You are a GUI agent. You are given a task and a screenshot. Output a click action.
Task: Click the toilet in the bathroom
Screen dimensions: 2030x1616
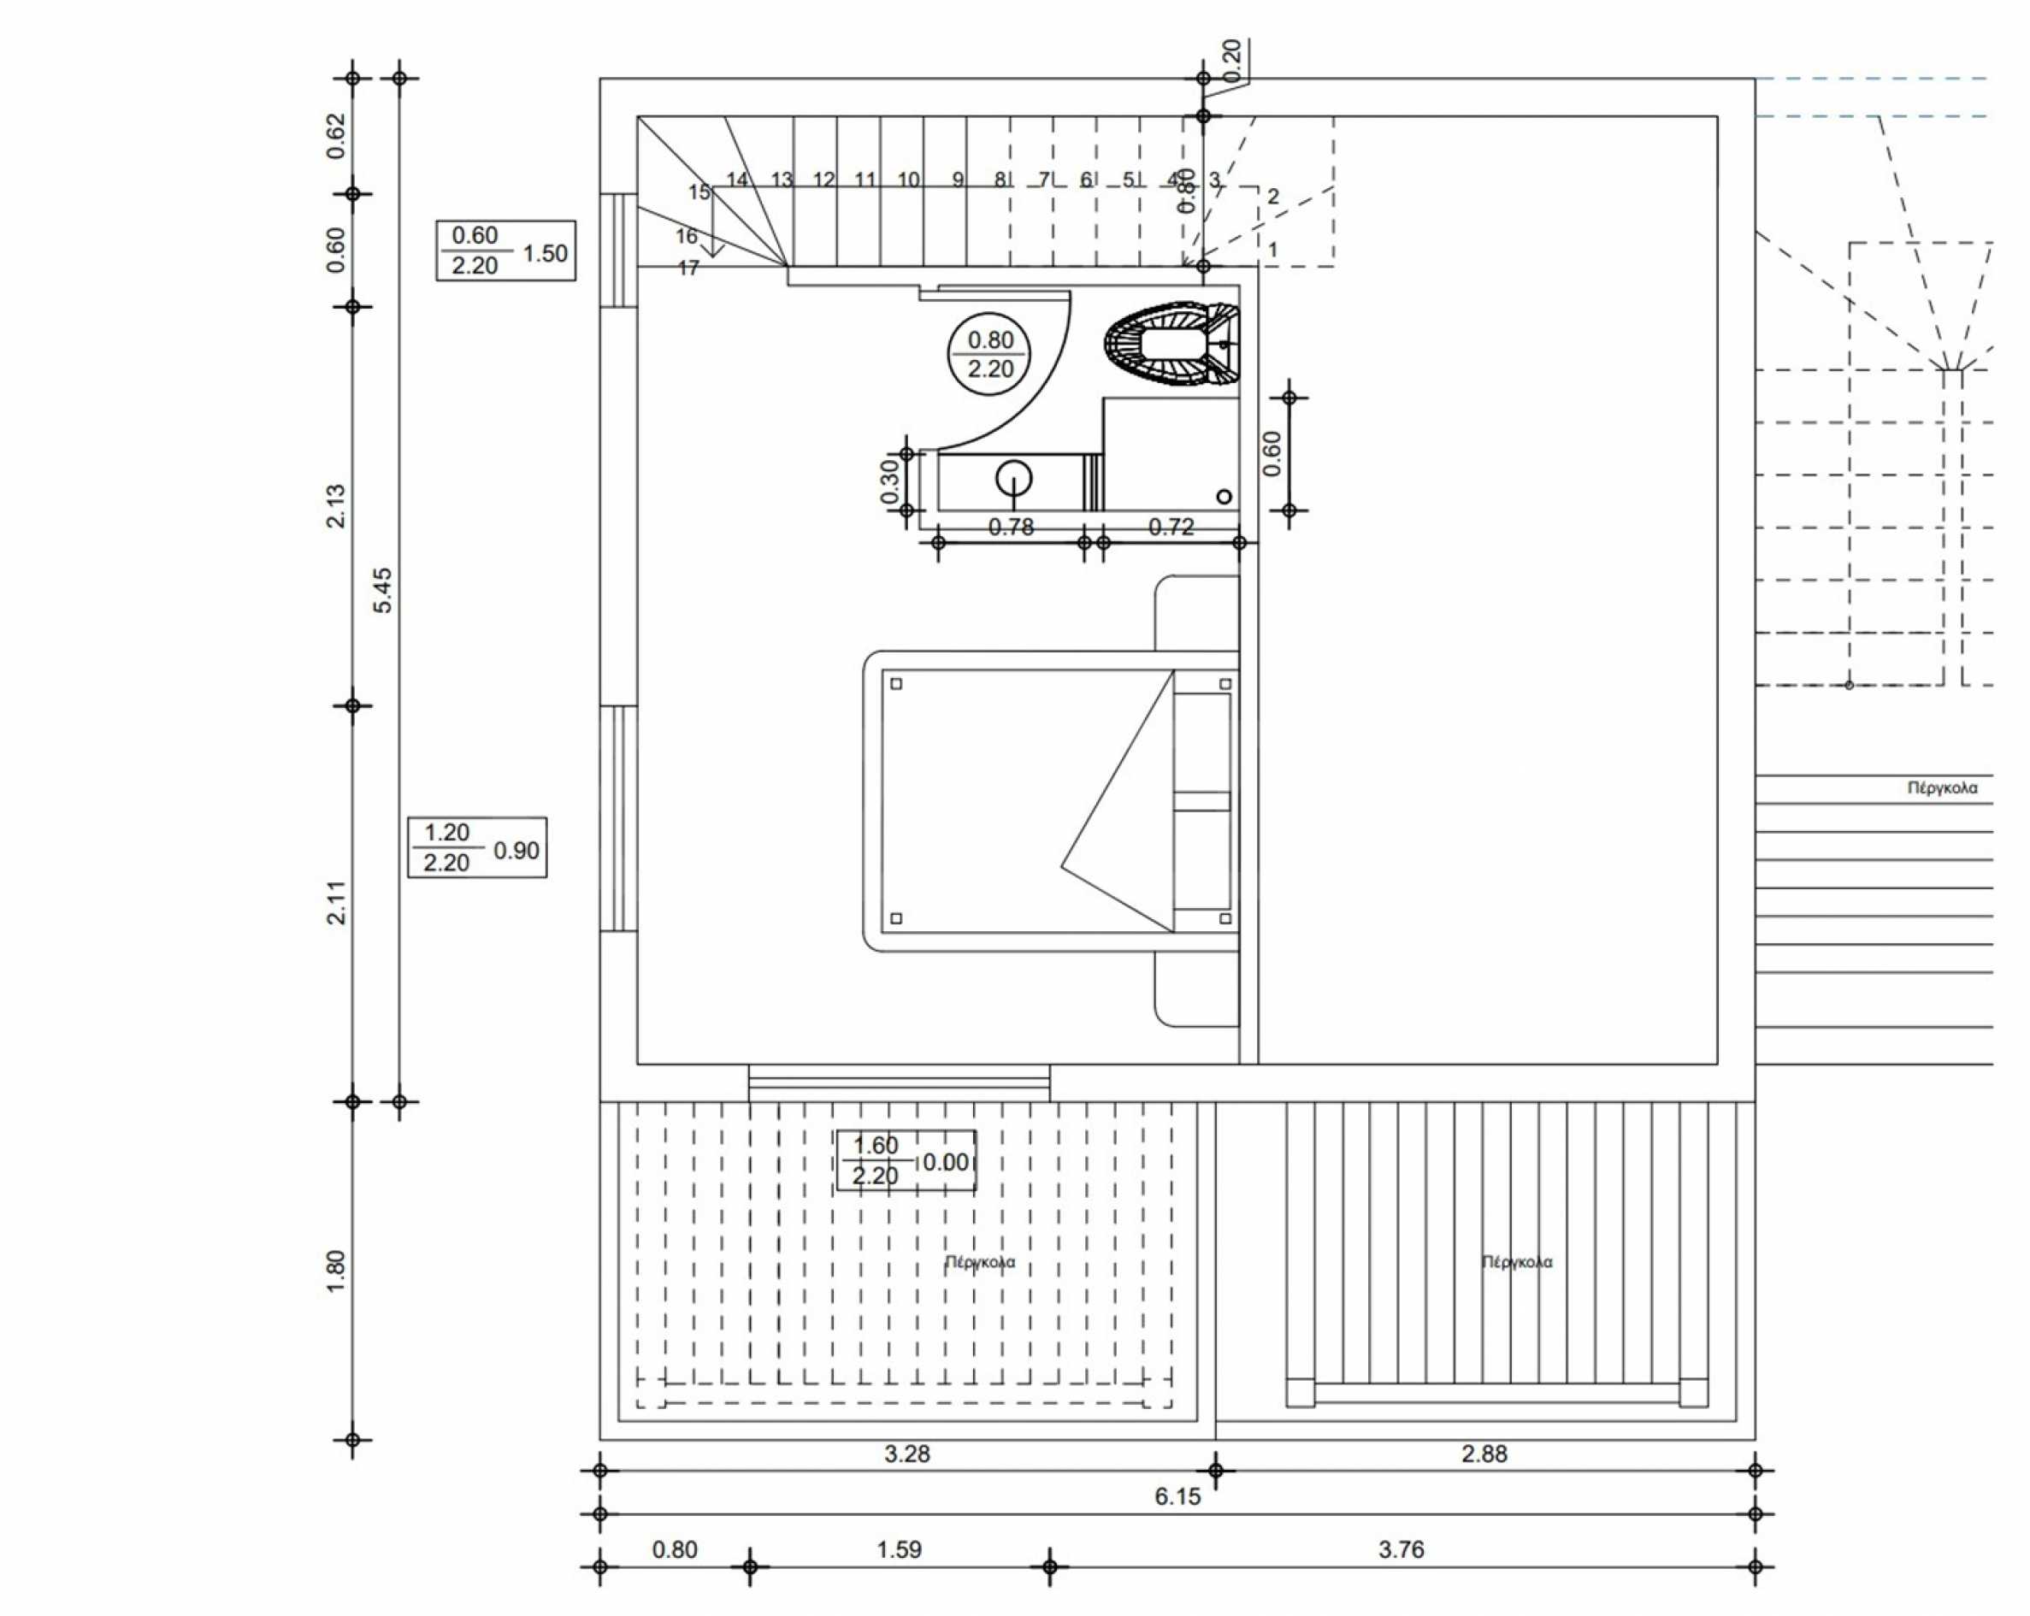coord(1173,345)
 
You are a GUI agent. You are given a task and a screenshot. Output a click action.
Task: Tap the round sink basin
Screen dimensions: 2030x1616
coord(1013,477)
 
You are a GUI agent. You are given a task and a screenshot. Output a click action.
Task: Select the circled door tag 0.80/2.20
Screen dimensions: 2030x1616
coord(988,354)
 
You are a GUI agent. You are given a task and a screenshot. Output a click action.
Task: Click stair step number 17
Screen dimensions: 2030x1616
coord(688,268)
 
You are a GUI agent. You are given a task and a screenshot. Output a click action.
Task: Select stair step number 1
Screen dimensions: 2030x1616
coord(1273,251)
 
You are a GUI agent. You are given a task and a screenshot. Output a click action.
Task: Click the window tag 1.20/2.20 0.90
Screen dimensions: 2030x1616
coord(477,847)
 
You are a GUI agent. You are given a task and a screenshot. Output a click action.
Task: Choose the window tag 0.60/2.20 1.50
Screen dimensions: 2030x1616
coord(505,251)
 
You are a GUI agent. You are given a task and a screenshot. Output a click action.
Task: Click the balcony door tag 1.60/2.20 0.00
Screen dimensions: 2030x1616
coord(906,1160)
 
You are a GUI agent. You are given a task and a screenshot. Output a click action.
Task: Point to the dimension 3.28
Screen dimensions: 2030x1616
coord(906,1454)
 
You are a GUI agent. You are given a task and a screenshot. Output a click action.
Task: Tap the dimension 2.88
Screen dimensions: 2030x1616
coord(1484,1454)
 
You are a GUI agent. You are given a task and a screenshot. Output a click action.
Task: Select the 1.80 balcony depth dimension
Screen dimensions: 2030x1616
coord(336,1271)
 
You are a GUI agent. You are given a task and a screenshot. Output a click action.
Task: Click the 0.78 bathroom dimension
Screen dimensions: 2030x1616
coord(1012,528)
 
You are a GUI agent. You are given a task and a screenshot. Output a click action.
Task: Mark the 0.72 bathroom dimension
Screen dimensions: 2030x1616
coord(1171,528)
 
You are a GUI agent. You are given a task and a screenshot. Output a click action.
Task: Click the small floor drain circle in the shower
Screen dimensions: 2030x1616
coord(1224,496)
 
